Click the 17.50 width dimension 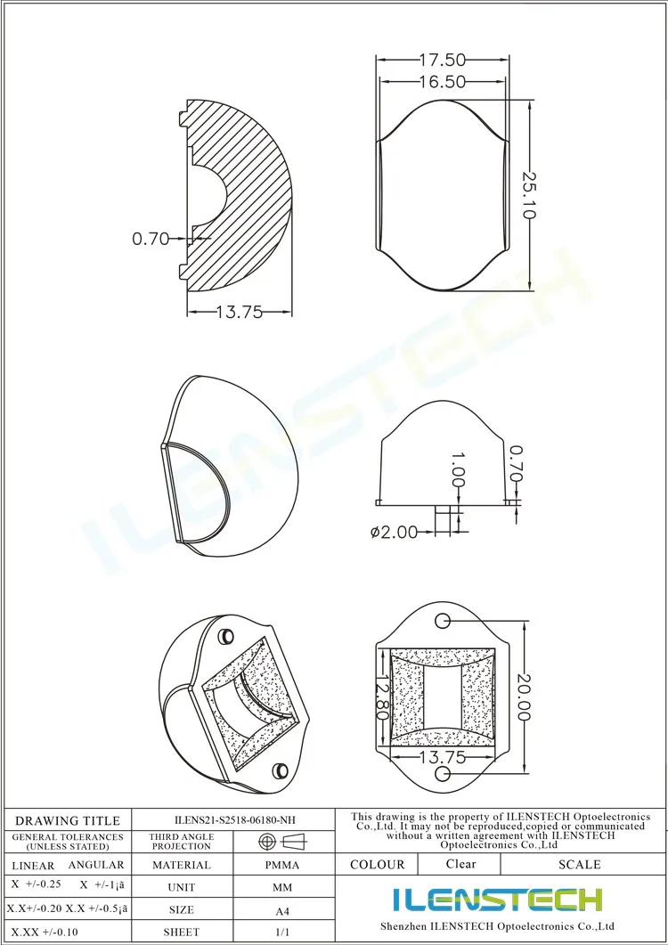[442, 61]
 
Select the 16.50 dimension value [442, 82]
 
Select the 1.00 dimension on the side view [457, 468]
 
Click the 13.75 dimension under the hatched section [240, 313]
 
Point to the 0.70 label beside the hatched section [151, 239]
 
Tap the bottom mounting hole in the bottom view [442, 775]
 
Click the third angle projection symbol [281, 841]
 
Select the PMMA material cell [282, 865]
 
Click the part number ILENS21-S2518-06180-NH [234, 819]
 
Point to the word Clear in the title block [460, 864]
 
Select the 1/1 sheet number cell [282, 932]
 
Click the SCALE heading [579, 864]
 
